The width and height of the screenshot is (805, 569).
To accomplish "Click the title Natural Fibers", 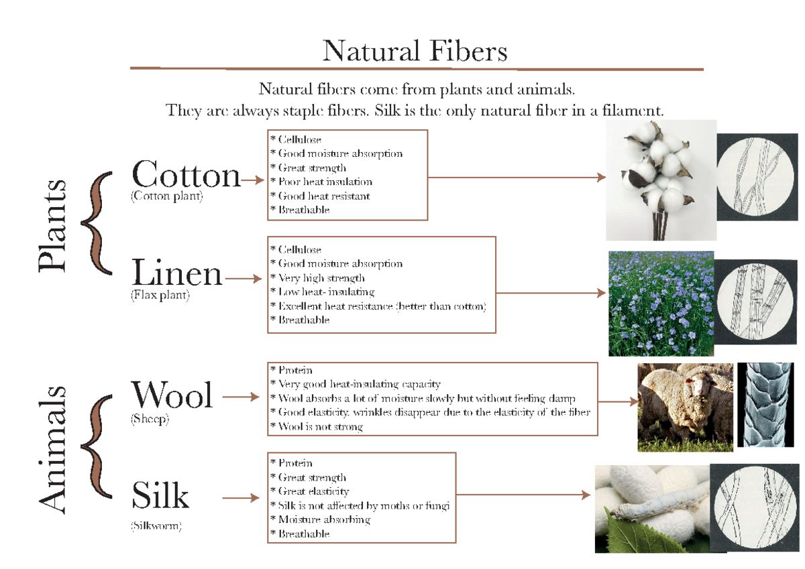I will [x=415, y=52].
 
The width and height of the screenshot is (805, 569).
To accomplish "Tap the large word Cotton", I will [x=186, y=176].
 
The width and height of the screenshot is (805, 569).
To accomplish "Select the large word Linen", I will [x=177, y=273].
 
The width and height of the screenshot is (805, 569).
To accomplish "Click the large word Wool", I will [x=172, y=395].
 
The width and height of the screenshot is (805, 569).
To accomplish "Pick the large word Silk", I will [x=160, y=497].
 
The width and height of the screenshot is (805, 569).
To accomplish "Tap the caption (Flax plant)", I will [x=160, y=295].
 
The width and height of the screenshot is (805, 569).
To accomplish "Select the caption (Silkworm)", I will [x=156, y=526].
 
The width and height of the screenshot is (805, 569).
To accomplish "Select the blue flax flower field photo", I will [x=661, y=303].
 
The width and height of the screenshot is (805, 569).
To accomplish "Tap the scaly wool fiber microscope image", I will [x=765, y=404].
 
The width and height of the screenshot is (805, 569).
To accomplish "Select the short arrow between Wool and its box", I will [x=239, y=397].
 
